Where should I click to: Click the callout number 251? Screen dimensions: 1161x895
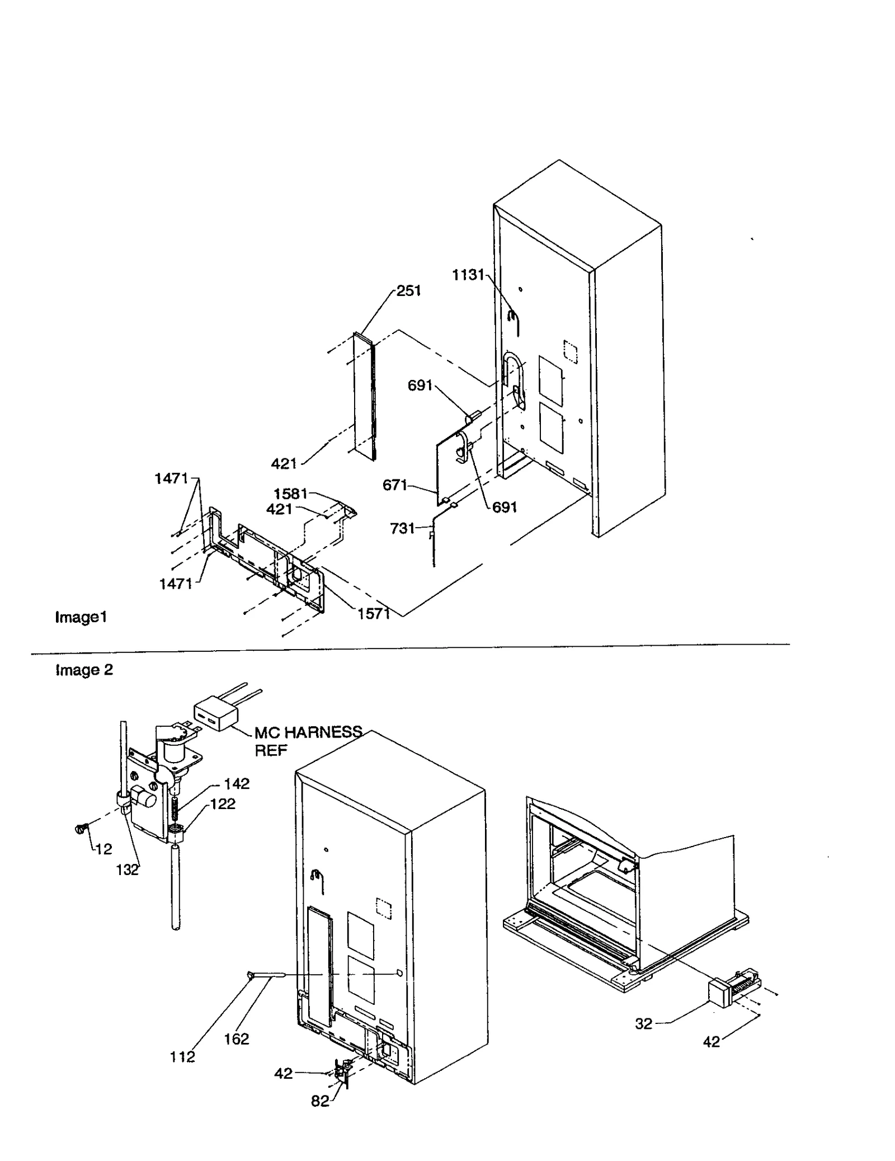click(x=408, y=291)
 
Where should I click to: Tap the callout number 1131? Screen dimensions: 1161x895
click(x=468, y=275)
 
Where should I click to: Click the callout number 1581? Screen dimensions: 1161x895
click(x=290, y=493)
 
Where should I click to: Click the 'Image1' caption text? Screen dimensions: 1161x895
click(x=81, y=617)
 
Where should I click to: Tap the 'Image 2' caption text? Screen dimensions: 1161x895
click(x=84, y=670)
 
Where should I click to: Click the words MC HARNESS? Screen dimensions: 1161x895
click(x=308, y=732)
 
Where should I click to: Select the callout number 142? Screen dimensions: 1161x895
click(x=237, y=784)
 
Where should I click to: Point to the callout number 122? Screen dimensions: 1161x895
click(x=223, y=804)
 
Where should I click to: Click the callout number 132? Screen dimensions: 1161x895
click(x=127, y=870)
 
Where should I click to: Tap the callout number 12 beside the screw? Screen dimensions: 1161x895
click(x=103, y=849)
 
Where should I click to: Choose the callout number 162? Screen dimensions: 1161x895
click(x=236, y=1039)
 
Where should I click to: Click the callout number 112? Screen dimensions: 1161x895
click(x=182, y=1057)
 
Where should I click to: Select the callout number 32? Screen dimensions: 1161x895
click(x=643, y=1024)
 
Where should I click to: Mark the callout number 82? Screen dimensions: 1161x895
click(x=319, y=1101)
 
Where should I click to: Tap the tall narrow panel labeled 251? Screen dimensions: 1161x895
click(x=364, y=396)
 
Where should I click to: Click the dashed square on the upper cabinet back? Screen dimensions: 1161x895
click(x=569, y=350)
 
